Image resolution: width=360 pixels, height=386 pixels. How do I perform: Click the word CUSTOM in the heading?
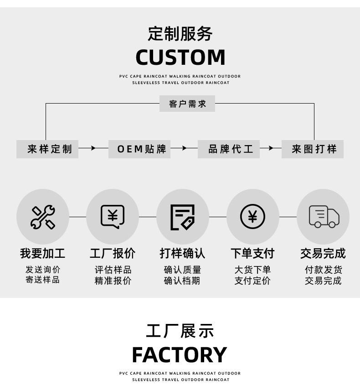click(180, 57)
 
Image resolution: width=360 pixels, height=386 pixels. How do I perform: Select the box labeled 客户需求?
click(187, 104)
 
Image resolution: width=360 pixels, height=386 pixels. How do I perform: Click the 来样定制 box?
click(47, 149)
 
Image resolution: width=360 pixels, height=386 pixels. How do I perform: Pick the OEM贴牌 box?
click(139, 149)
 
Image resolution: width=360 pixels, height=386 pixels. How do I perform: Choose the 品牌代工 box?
click(229, 149)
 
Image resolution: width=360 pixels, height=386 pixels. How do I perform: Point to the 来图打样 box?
click(312, 149)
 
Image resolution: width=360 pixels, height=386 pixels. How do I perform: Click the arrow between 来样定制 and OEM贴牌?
click(93, 148)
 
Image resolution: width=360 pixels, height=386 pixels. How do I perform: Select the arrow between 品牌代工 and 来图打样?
click(270, 148)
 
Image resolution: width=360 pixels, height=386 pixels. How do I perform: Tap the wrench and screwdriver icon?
click(43, 217)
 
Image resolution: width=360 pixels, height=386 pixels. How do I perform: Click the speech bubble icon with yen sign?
click(113, 217)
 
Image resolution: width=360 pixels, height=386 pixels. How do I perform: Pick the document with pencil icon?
click(182, 217)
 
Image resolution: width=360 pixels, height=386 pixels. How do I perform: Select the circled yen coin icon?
click(252, 217)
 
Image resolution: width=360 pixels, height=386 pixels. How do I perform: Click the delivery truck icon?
click(324, 216)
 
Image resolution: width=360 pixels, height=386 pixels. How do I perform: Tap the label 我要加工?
click(43, 253)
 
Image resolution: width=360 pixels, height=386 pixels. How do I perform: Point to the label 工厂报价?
click(113, 253)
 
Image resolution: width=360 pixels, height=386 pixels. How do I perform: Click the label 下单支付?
click(252, 253)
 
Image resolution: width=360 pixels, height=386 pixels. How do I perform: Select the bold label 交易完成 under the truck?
click(323, 253)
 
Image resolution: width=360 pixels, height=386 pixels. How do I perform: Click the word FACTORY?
click(180, 355)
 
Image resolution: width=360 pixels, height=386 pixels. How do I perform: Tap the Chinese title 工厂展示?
click(180, 331)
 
